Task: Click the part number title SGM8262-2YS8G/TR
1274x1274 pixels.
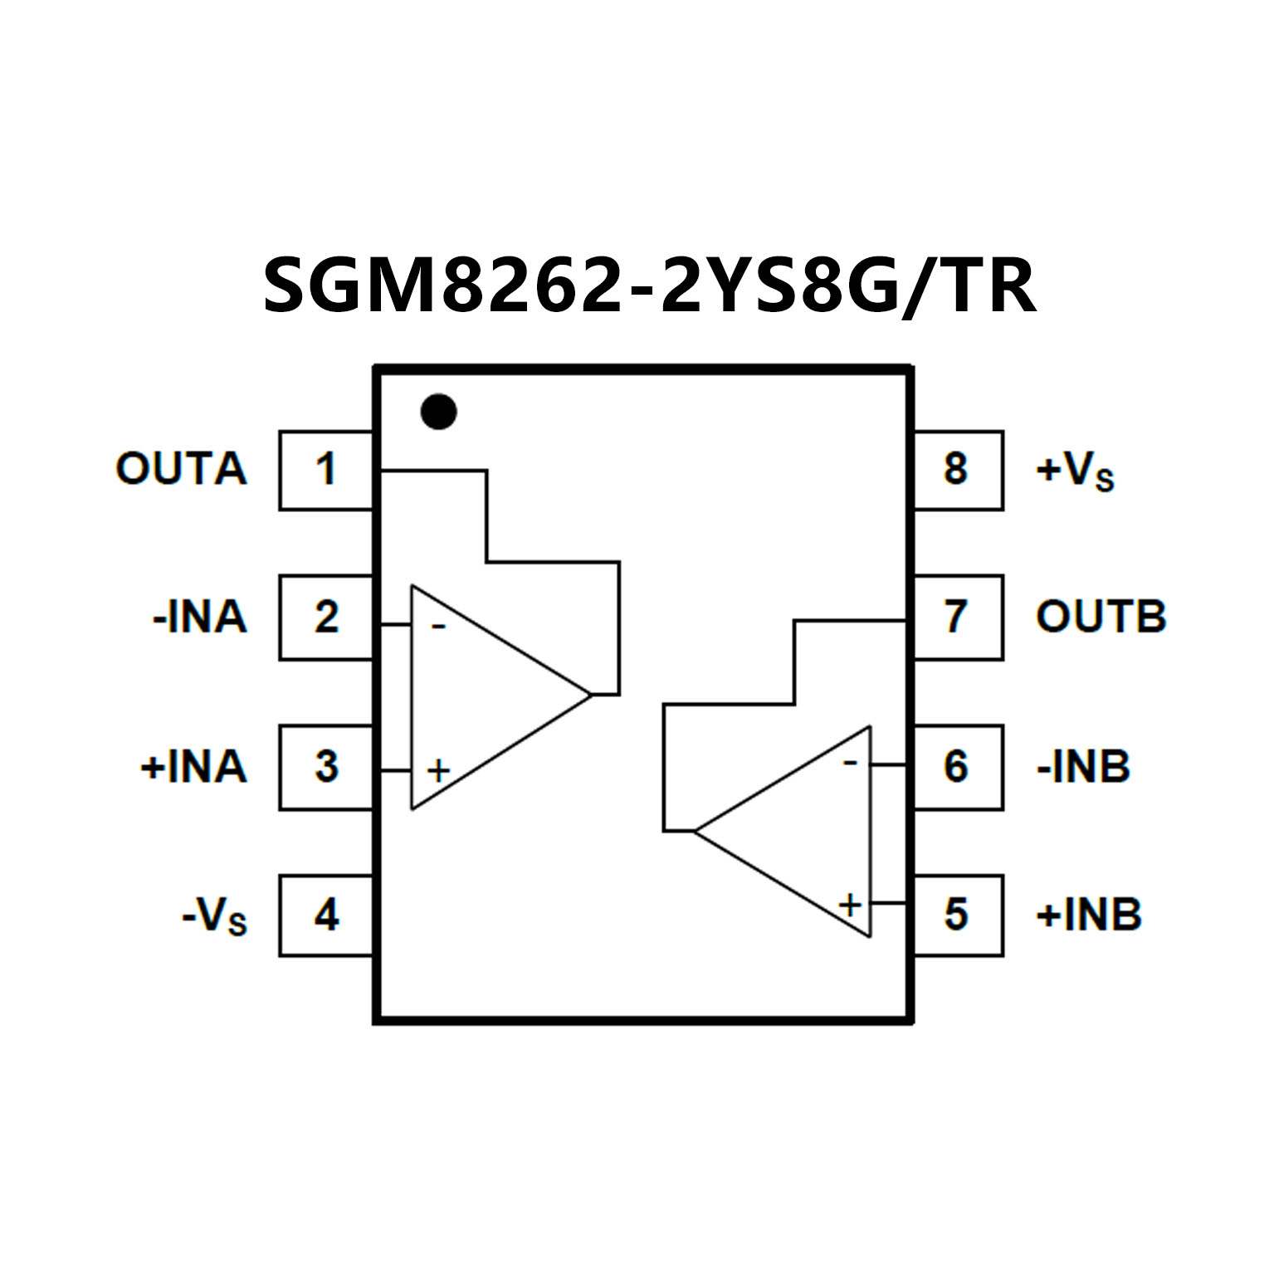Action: pyautogui.click(x=649, y=286)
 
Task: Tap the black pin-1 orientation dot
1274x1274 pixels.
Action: pyautogui.click(x=438, y=411)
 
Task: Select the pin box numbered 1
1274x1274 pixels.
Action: pyautogui.click(x=325, y=470)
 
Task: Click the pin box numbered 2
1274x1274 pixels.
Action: pyautogui.click(x=325, y=617)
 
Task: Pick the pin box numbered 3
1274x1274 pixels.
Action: pyautogui.click(x=325, y=767)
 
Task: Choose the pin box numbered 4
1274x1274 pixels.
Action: pyautogui.click(x=325, y=915)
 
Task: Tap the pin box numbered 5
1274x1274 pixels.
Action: pyautogui.click(x=957, y=915)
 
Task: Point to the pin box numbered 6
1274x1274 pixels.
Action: pyautogui.click(x=957, y=767)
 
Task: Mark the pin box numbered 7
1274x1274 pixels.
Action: pyautogui.click(x=957, y=617)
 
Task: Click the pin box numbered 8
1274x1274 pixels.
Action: pyautogui.click(x=957, y=470)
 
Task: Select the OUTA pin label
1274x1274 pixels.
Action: pyautogui.click(x=181, y=470)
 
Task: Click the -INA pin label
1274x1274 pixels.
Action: pyautogui.click(x=199, y=617)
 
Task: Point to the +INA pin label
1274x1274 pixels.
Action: pyautogui.click(x=193, y=767)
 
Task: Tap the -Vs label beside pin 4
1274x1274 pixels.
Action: pyautogui.click(x=214, y=917)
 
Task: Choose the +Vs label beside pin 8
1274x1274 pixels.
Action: pyautogui.click(x=1074, y=471)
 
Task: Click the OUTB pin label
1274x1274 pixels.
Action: pyautogui.click(x=1101, y=617)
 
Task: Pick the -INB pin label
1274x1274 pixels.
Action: pyautogui.click(x=1083, y=767)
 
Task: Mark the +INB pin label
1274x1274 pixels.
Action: pyautogui.click(x=1089, y=915)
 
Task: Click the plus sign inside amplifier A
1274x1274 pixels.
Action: pyautogui.click(x=438, y=771)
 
